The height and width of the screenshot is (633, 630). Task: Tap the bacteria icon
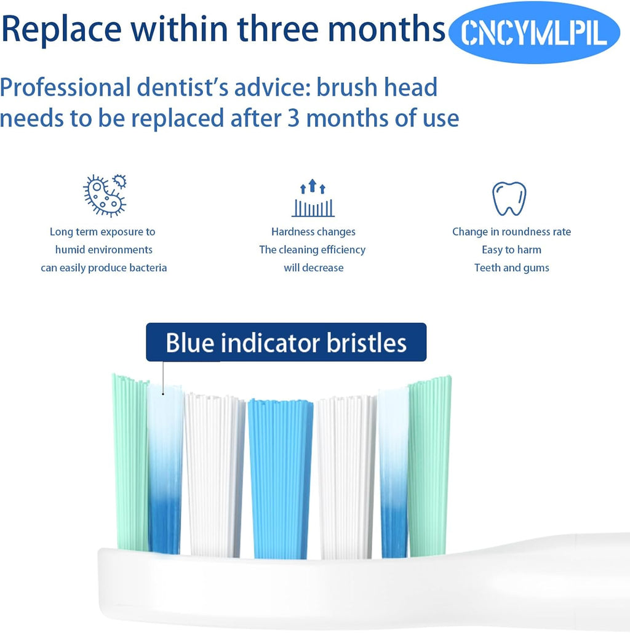105,195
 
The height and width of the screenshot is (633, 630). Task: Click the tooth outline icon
509,198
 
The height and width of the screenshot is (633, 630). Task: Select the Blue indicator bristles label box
286,342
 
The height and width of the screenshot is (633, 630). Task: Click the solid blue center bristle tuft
280,477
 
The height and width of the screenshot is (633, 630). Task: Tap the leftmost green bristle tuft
130,461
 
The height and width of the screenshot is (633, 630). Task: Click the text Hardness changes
313,232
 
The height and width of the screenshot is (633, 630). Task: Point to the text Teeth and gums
511,268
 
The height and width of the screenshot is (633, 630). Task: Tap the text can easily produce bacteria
104,268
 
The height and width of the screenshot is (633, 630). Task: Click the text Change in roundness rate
511,232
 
